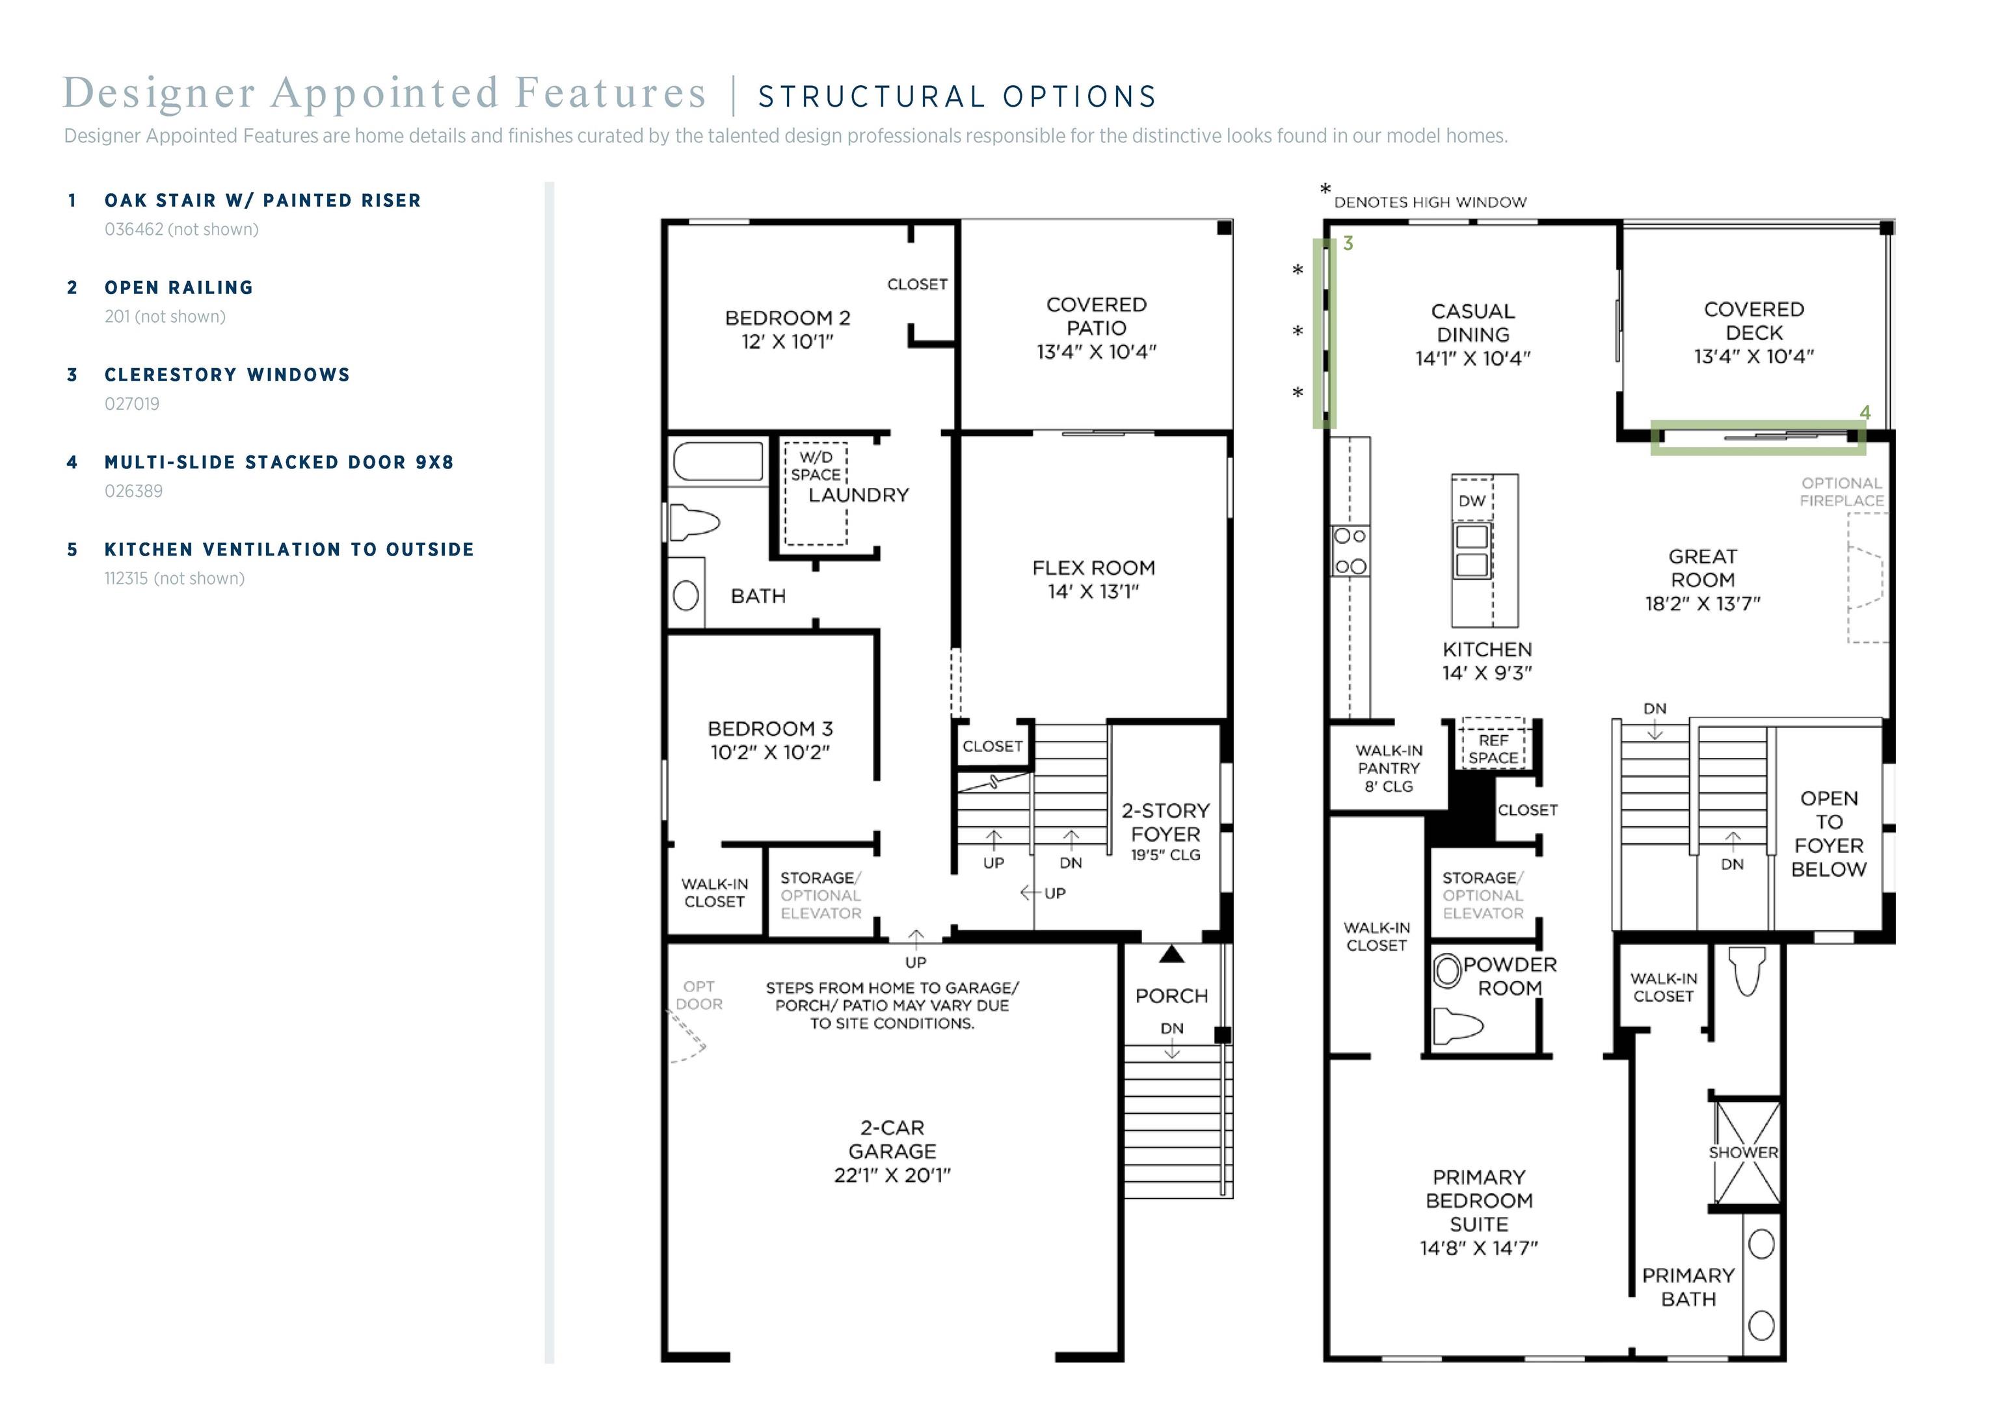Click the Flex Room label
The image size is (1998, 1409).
pos(1093,580)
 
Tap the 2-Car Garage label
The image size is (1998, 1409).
pos(892,1151)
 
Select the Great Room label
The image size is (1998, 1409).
pos(1702,580)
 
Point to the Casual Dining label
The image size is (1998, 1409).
pos(1472,334)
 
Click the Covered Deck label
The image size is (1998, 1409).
pos(1753,332)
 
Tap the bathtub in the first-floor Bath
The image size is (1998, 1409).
pos(718,461)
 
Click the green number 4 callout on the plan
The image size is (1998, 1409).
pos(1864,412)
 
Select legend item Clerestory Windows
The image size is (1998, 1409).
pos(227,375)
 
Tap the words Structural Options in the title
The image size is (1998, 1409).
pos(957,97)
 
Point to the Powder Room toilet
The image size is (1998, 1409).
pos(1458,1025)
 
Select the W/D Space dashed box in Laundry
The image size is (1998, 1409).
pos(816,494)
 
